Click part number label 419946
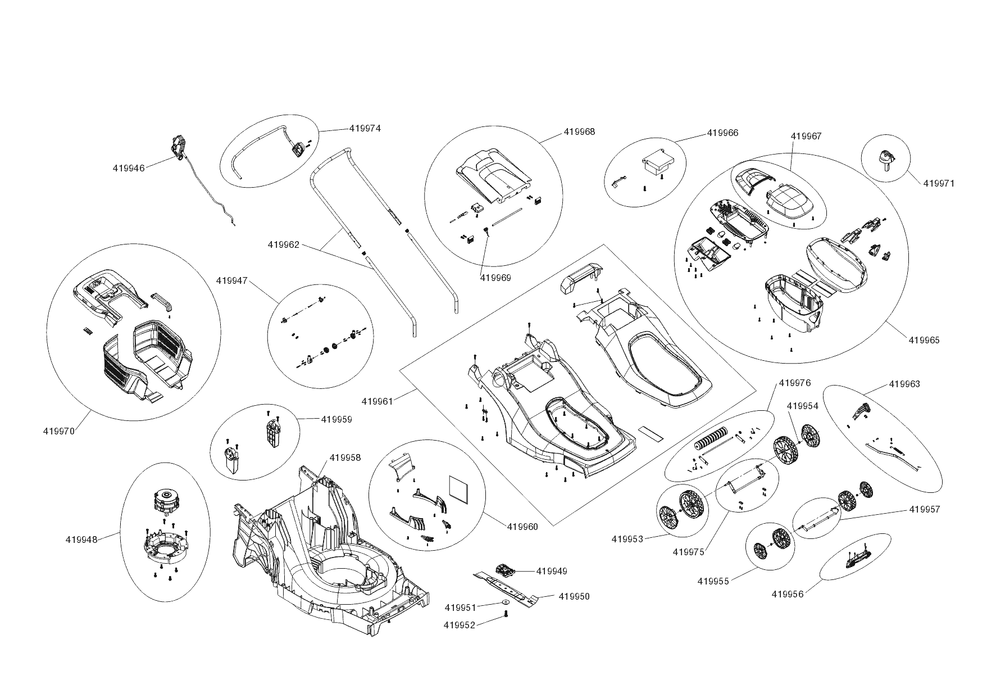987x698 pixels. (129, 167)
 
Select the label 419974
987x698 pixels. (365, 128)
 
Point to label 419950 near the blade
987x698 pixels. (574, 596)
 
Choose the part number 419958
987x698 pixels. (345, 457)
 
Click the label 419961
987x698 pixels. (377, 401)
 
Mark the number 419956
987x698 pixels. (788, 594)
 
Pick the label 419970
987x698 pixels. (58, 431)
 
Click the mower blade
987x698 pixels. (506, 587)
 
